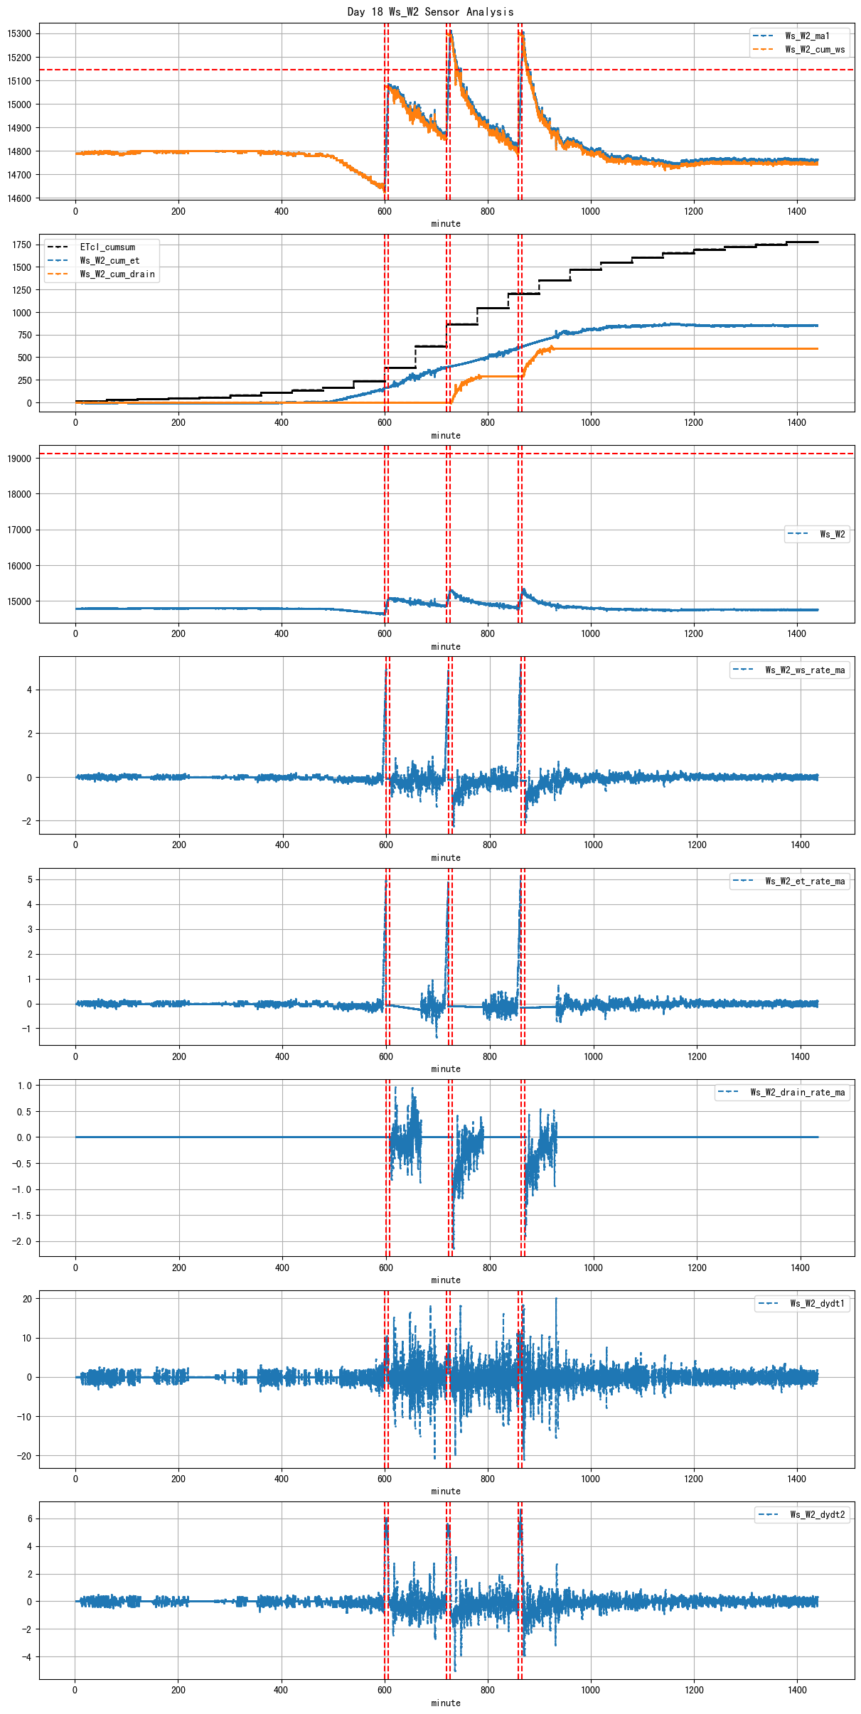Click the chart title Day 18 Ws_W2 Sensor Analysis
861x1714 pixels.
coord(430,11)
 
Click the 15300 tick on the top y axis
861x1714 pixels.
coord(19,33)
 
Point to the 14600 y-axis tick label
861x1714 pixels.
coord(19,198)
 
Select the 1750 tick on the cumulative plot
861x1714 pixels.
coord(21,245)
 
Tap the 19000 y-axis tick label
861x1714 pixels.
coord(19,459)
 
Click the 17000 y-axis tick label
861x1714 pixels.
coord(19,530)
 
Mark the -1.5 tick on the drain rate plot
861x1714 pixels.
coord(24,1216)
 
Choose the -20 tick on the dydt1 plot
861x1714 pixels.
coord(24,1455)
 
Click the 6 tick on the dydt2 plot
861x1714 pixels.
coord(29,1519)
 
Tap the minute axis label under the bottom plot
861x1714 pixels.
coord(446,1703)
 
